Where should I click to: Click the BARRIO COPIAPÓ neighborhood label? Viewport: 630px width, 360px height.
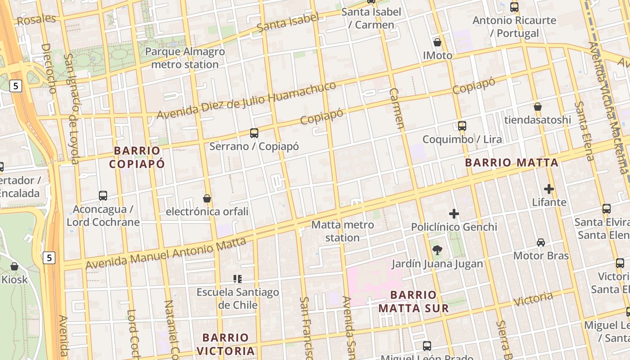click(x=137, y=157)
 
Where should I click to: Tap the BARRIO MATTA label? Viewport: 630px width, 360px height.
click(x=512, y=162)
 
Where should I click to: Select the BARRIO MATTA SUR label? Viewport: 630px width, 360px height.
click(x=414, y=301)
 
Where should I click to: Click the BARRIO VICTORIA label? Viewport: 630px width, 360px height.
click(x=225, y=344)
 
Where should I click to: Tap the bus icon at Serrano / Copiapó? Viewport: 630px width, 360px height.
click(x=254, y=133)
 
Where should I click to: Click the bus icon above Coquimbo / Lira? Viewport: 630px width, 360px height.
click(x=462, y=126)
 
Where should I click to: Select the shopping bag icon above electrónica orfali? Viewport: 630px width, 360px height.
click(x=207, y=198)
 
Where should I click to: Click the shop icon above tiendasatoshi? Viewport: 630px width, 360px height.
click(x=537, y=107)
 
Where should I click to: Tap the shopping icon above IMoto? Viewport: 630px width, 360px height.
click(x=437, y=43)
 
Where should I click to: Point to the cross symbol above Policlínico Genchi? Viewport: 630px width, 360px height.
click(x=454, y=214)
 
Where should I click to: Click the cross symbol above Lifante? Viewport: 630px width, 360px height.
click(x=549, y=189)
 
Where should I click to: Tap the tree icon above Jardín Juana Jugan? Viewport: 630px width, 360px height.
click(x=436, y=250)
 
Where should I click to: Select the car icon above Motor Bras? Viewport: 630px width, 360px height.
click(x=541, y=243)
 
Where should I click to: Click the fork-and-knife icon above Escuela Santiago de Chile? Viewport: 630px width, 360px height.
click(x=238, y=279)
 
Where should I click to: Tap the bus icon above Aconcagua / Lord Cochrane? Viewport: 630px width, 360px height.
click(x=103, y=196)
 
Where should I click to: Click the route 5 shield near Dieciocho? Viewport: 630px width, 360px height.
click(x=16, y=86)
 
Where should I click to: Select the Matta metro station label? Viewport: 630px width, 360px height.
click(x=342, y=231)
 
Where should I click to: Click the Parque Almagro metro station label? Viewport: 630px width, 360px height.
click(x=185, y=58)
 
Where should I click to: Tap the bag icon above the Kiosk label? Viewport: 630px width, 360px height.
click(x=14, y=266)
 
